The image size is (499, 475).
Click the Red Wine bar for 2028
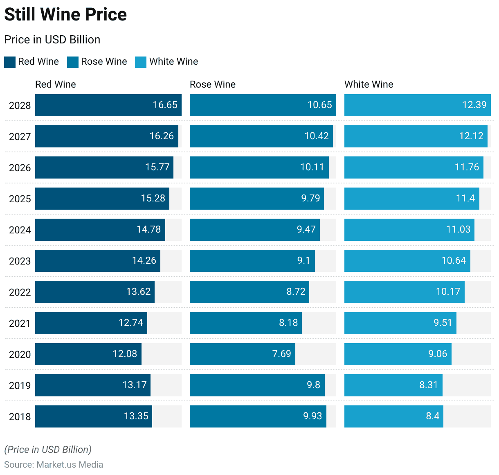pyautogui.click(x=108, y=105)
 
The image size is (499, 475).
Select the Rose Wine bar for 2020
pyautogui.click(x=243, y=354)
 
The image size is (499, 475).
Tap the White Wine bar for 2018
pyautogui.click(x=393, y=416)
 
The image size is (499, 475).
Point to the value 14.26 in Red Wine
pyautogui.click(x=144, y=261)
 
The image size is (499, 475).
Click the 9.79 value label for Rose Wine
pyautogui.click(x=310, y=199)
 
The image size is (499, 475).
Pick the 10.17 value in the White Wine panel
pyautogui.click(x=448, y=292)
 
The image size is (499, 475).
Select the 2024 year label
pyautogui.click(x=20, y=230)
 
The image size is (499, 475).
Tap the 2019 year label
pyautogui.click(x=20, y=386)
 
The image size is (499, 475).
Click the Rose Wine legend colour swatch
pyautogui.click(x=73, y=62)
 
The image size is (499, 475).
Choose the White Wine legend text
pyautogui.click(x=173, y=62)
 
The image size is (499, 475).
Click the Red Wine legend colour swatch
pyautogui.click(x=10, y=62)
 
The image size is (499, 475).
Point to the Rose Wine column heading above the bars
pyautogui.click(x=213, y=84)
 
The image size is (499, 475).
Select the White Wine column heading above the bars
pyautogui.click(x=369, y=84)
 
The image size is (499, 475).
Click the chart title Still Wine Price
pyautogui.click(x=65, y=15)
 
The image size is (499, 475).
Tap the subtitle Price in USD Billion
pyautogui.click(x=52, y=40)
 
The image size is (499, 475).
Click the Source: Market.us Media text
pyautogui.click(x=54, y=465)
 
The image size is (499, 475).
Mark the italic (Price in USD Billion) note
pyautogui.click(x=48, y=450)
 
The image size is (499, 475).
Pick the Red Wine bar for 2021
pyautogui.click(x=91, y=323)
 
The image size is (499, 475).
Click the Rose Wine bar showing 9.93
pyautogui.click(x=258, y=416)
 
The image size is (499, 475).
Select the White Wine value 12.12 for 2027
pyautogui.click(x=471, y=136)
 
